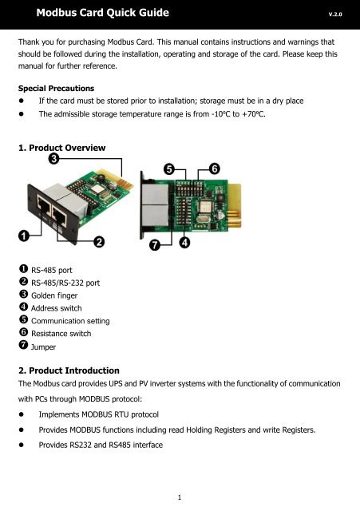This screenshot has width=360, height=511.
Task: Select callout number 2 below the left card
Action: coord(100,240)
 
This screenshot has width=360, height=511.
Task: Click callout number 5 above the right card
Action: coord(170,168)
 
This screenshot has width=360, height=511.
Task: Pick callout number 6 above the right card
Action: coord(215,168)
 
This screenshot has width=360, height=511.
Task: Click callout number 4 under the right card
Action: coord(184,241)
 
